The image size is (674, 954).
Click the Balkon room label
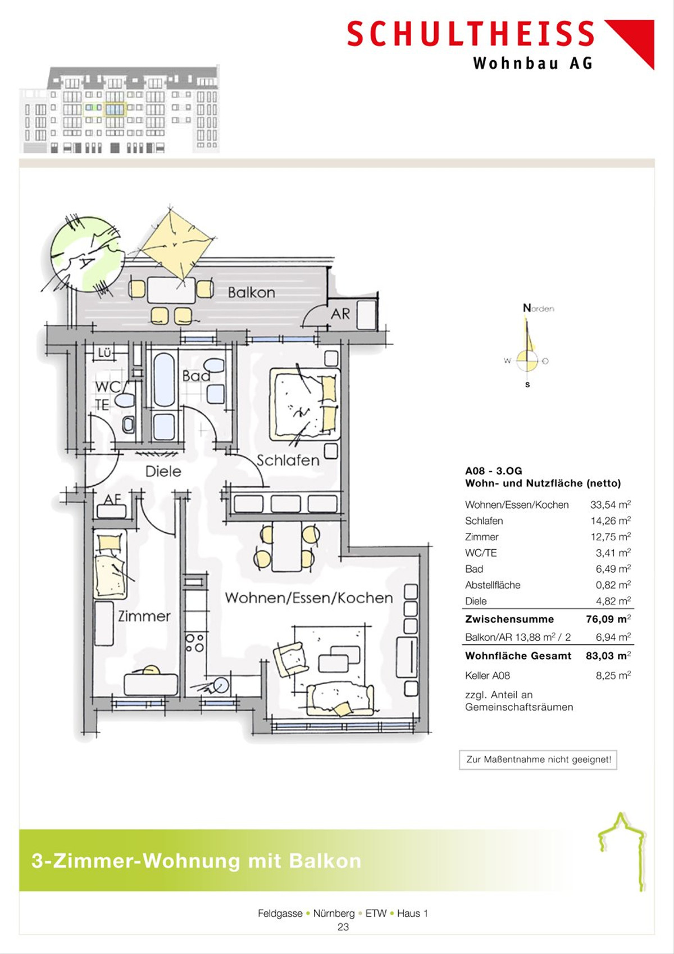tap(252, 292)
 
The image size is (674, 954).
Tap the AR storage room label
tap(340, 314)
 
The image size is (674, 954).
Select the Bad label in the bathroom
tap(196, 376)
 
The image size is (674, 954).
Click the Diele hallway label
tap(163, 472)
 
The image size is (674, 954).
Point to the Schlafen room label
tap(288, 460)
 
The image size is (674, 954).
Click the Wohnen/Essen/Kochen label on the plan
tap(309, 598)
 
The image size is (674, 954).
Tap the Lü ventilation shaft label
tap(104, 352)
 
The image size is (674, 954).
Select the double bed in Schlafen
tap(304, 404)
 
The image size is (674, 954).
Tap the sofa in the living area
tap(340, 698)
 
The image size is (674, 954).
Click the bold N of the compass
tap(527, 308)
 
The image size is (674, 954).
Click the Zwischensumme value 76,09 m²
tap(608, 619)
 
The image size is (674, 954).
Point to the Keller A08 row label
tap(487, 676)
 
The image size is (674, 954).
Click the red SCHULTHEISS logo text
tap(470, 34)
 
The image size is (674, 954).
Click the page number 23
tap(343, 927)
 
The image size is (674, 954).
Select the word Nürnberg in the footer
tap(334, 914)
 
